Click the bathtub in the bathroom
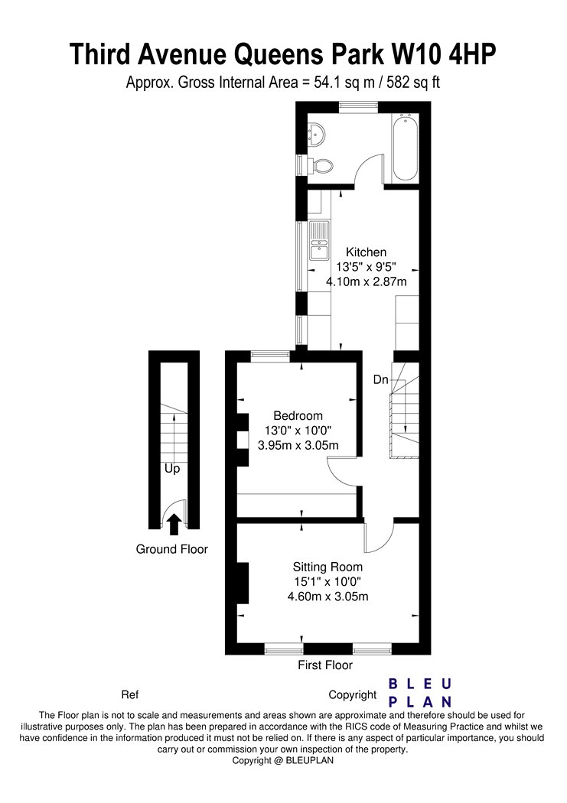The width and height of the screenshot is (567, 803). click(405, 148)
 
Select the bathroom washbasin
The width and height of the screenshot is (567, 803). click(315, 134)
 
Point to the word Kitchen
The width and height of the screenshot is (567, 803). click(366, 252)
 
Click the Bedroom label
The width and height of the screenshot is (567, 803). click(298, 416)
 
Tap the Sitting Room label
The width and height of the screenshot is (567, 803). click(327, 567)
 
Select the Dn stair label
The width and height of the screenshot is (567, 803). click(380, 379)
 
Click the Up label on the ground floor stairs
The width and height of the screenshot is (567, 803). click(172, 469)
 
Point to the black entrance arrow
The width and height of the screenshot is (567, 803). click(174, 525)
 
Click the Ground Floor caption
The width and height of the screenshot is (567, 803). click(171, 549)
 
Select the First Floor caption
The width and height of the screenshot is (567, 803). click(325, 665)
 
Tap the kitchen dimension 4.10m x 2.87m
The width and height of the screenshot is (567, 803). click(367, 281)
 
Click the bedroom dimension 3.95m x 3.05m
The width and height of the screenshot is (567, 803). click(298, 445)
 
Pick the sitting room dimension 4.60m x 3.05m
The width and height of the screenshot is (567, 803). click(327, 596)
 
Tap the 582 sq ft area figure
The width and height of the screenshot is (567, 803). click(413, 82)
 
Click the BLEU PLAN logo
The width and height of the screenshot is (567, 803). click(420, 692)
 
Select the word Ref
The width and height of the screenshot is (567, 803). click(129, 695)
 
